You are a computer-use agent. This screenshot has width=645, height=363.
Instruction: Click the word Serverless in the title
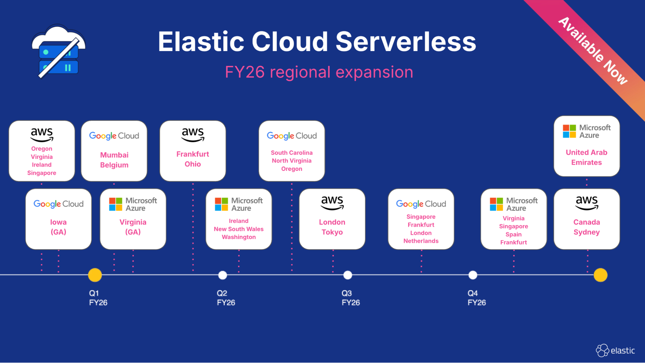point(406,42)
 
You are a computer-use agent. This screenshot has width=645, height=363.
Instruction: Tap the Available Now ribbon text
point(593,51)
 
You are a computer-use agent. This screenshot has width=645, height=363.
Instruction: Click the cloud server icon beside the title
point(58,52)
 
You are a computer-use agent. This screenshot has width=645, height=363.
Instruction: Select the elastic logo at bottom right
point(615,350)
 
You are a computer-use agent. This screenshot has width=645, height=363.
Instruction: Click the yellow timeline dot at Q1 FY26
point(95,275)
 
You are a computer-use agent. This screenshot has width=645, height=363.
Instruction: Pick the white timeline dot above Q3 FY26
point(348,275)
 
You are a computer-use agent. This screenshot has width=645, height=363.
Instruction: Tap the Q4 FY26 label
point(476,298)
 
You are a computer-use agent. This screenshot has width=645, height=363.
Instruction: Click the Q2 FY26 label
point(226,298)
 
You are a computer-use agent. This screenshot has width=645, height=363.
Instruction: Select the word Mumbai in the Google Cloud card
point(114,155)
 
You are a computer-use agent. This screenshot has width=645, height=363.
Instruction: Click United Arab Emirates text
point(586,157)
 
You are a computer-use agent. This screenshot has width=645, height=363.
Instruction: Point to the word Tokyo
point(332,232)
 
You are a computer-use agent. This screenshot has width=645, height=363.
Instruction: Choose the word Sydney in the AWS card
point(586,232)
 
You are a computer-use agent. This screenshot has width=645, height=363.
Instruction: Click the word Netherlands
point(421,241)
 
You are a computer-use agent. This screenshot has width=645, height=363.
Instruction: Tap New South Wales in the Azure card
point(238,229)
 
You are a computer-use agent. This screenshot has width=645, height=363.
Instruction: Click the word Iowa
point(58,222)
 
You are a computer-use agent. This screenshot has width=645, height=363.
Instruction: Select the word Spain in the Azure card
point(513,234)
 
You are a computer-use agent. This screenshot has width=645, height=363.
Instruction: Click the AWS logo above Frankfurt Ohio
point(193,134)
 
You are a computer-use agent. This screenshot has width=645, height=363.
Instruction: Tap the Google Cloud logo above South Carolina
point(292,136)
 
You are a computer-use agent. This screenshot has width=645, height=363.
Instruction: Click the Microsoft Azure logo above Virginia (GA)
point(133,204)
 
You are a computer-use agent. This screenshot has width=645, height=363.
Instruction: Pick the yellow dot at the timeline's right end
point(600,275)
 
